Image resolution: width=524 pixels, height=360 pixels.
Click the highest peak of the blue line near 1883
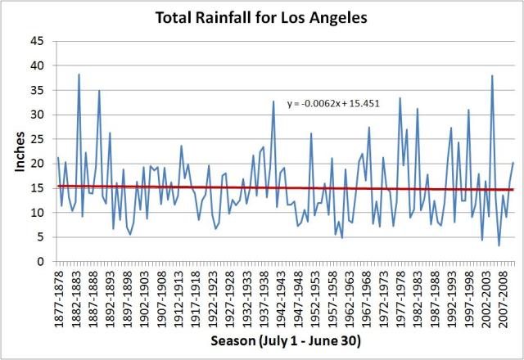(79, 74)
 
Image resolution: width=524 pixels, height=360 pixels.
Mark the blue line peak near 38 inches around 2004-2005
(492, 75)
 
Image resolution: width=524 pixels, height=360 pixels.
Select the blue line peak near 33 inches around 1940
(273, 101)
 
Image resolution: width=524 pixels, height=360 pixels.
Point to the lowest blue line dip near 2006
(499, 245)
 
